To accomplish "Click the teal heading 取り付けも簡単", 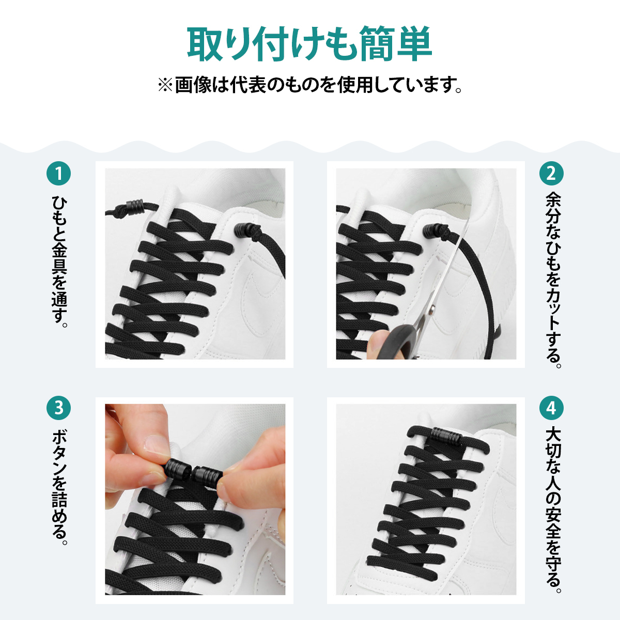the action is pyautogui.click(x=309, y=44).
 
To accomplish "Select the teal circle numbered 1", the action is pyautogui.click(x=58, y=174).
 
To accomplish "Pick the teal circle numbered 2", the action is pyautogui.click(x=551, y=174).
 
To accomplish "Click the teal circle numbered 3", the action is pyautogui.click(x=58, y=408).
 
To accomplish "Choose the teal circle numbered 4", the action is pyautogui.click(x=551, y=408).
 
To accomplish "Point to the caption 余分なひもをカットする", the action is pyautogui.click(x=553, y=280).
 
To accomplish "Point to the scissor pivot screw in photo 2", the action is pyautogui.click(x=433, y=309).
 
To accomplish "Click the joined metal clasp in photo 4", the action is pyautogui.click(x=447, y=436).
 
